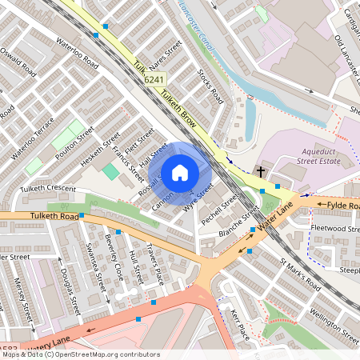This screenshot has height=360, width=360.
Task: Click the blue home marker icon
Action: click(180, 171)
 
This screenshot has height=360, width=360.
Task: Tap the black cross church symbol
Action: click(261, 171)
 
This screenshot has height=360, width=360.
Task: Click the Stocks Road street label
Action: click(210, 86)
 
